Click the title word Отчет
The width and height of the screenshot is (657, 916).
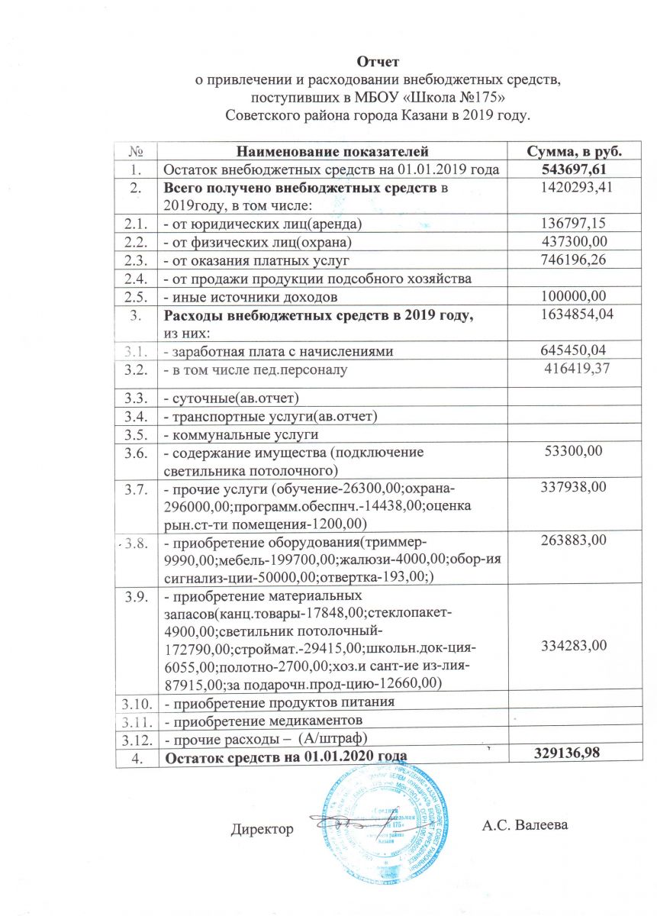point(378,60)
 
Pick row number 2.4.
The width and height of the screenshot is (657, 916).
point(135,278)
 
